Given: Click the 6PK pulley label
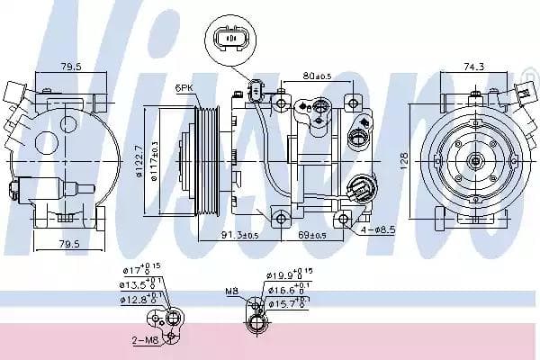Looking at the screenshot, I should tap(185, 87).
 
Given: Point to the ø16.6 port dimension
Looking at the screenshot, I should tap(288, 290).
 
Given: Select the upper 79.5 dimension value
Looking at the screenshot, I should tap(71, 66).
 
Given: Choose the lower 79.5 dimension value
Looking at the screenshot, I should tap(69, 243).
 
